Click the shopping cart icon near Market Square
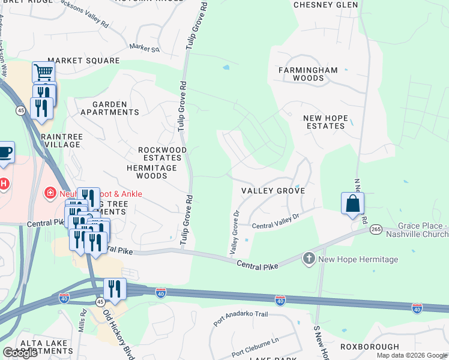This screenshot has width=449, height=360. click(x=43, y=73)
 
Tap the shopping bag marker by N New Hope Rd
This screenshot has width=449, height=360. click(x=352, y=203)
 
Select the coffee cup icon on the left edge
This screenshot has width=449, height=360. click(x=4, y=152)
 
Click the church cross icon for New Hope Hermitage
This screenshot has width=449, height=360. click(x=309, y=259)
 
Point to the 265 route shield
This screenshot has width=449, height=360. click(x=376, y=229)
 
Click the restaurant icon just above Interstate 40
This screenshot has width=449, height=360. click(x=115, y=289)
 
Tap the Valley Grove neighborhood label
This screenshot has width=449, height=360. click(x=273, y=191)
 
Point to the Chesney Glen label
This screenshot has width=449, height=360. click(x=325, y=5)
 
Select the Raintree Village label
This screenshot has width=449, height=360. click(x=60, y=140)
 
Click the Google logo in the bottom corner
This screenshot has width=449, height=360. click(x=20, y=353)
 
